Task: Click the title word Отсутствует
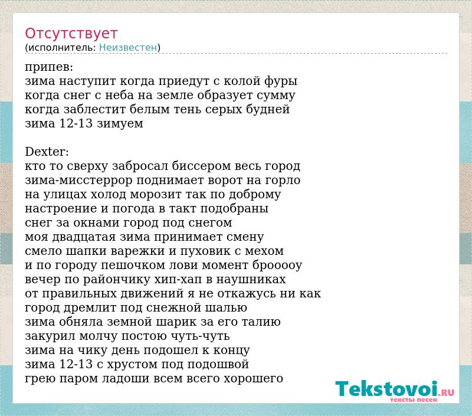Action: pos(71,34)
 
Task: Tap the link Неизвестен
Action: pos(128,48)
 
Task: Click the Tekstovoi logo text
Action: pos(395,389)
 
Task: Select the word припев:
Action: pos(49,67)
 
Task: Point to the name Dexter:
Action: pos(47,152)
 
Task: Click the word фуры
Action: pos(281,81)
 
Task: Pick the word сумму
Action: pos(276,96)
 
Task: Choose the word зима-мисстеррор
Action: pos(78,181)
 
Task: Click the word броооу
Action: pos(277,266)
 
